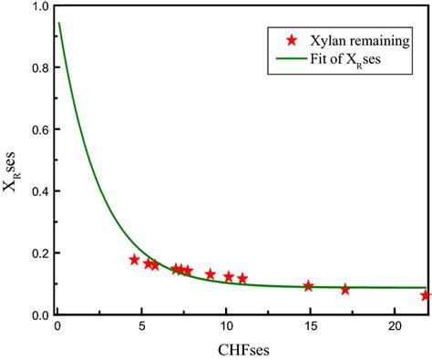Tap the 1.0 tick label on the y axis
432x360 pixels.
39,8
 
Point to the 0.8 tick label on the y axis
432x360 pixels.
39,69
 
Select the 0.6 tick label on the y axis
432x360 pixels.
39,131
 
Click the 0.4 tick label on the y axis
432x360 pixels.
39,192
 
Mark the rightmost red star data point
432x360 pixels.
426,295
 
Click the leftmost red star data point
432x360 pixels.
135,260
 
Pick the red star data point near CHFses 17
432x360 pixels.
345,290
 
